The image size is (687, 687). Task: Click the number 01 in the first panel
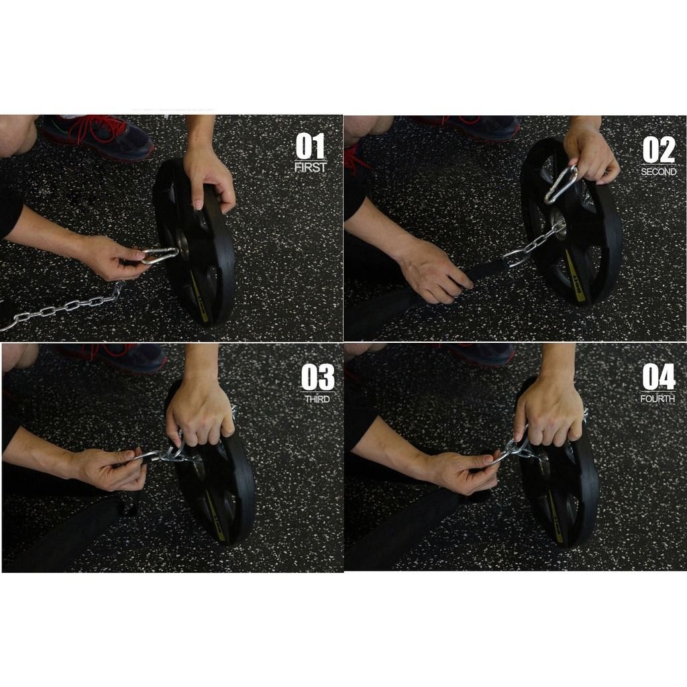click(310, 146)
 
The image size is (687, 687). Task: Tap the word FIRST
click(310, 168)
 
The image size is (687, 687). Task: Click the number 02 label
click(658, 150)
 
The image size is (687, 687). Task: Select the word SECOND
click(658, 172)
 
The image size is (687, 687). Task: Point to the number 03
click(317, 377)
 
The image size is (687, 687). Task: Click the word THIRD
click(317, 399)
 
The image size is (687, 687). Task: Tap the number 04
click(658, 377)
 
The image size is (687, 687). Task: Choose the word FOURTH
click(658, 399)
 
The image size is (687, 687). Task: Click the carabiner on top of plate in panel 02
click(561, 184)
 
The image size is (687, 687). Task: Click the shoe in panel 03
click(127, 357)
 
